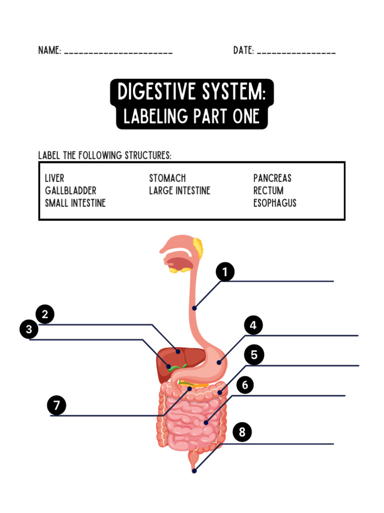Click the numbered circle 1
(x=225, y=273)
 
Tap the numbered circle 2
(x=45, y=315)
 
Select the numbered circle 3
(x=29, y=330)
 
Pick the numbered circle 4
(x=253, y=326)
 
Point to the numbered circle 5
(x=254, y=355)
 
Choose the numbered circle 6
(x=245, y=385)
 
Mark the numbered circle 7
(x=57, y=405)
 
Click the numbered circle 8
(x=242, y=432)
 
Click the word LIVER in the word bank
(x=54, y=178)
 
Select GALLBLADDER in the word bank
(x=70, y=190)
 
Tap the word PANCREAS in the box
(x=272, y=178)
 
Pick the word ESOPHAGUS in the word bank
(x=274, y=203)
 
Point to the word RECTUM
(x=268, y=190)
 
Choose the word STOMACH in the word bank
(x=167, y=178)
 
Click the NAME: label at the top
(x=49, y=51)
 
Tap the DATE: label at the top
(x=243, y=51)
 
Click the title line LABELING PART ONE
(x=191, y=117)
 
